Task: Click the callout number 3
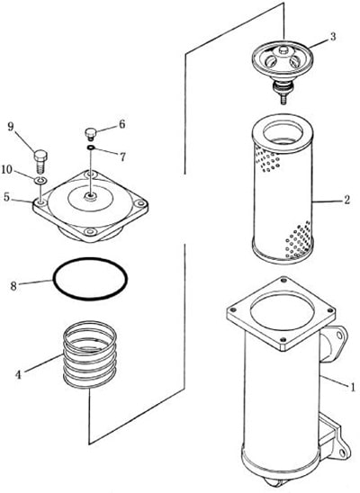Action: (333, 37)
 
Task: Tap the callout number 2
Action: (346, 200)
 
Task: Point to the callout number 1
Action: (353, 386)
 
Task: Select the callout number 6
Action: (121, 124)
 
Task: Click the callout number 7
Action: (122, 157)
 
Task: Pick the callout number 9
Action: (11, 127)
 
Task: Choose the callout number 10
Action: (7, 170)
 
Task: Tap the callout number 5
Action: (7, 197)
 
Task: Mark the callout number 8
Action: (13, 286)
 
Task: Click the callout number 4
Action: (18, 375)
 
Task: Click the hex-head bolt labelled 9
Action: (40, 161)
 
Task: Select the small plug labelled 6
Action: (90, 134)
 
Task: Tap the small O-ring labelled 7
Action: (91, 148)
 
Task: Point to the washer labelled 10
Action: (40, 181)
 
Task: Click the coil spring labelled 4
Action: (90, 354)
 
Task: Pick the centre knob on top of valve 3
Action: (283, 49)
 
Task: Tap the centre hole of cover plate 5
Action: (91, 197)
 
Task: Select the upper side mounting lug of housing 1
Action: (333, 345)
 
